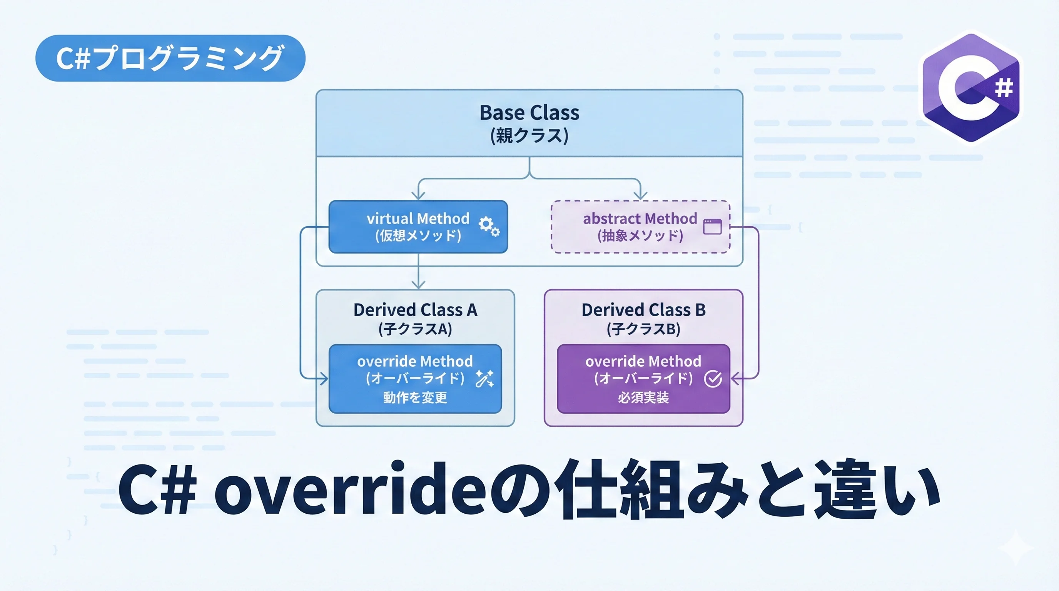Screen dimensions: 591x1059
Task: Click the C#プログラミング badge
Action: click(x=170, y=58)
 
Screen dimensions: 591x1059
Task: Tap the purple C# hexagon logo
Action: click(x=971, y=88)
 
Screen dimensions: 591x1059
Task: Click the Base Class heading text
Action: click(x=529, y=113)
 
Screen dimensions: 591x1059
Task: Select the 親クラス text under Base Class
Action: click(x=529, y=135)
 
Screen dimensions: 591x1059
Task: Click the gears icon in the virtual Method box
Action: click(x=489, y=226)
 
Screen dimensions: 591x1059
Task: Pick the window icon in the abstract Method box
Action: click(x=712, y=227)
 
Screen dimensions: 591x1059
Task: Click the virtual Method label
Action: click(x=418, y=218)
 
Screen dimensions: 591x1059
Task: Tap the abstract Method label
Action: click(x=640, y=218)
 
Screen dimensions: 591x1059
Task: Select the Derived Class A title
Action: click(x=415, y=310)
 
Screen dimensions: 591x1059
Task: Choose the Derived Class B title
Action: click(x=643, y=310)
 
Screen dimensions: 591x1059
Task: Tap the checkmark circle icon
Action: click(x=712, y=379)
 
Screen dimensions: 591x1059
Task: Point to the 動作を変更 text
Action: click(x=415, y=397)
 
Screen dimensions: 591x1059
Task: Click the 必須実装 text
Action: click(x=643, y=397)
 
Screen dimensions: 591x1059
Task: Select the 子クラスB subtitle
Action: click(x=643, y=329)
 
